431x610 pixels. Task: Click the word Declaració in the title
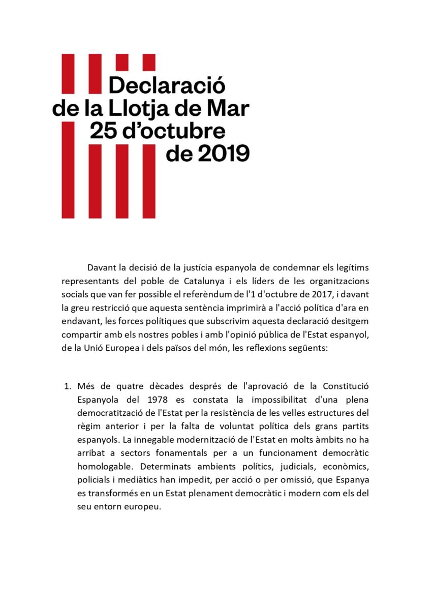(x=167, y=84)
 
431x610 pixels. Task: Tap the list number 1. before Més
(x=67, y=386)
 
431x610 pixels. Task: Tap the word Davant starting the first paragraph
(x=101, y=268)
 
